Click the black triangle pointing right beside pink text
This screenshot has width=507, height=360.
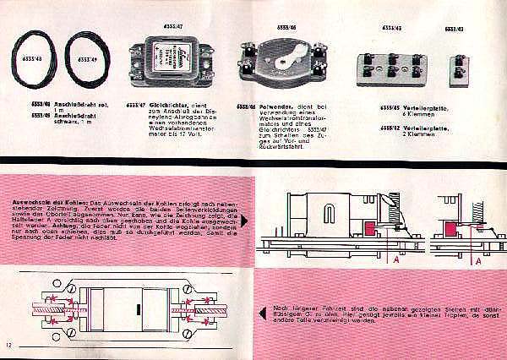point(243,221)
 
